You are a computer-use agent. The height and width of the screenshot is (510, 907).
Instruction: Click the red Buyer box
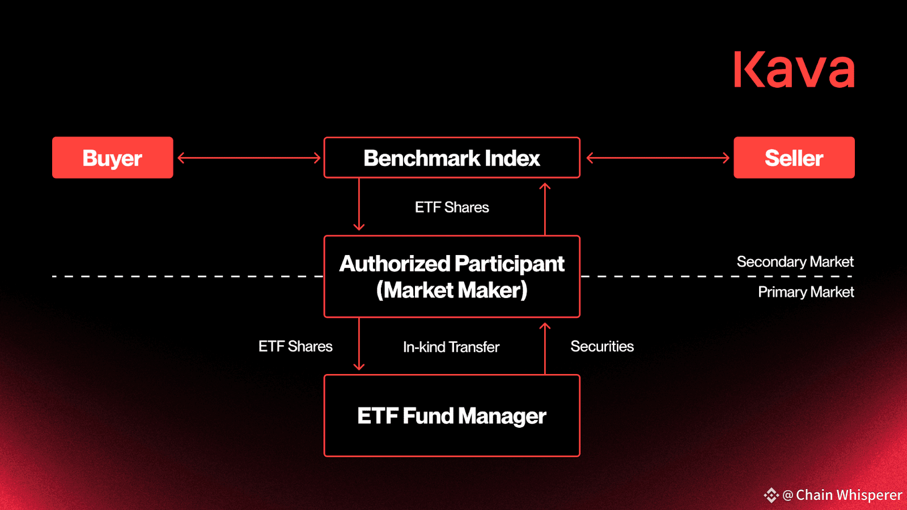pyautogui.click(x=113, y=158)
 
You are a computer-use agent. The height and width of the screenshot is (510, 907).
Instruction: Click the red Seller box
pyautogui.click(x=794, y=158)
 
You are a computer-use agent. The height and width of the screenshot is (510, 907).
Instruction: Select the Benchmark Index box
pyautogui.click(x=452, y=158)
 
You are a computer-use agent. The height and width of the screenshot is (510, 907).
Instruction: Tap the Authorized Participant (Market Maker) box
pyautogui.click(x=452, y=277)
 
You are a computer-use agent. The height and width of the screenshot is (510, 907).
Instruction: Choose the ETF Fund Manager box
pyautogui.click(x=452, y=416)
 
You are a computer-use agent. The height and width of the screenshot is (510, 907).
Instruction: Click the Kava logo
pyautogui.click(x=794, y=69)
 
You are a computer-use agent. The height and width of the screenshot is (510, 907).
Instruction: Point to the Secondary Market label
pyautogui.click(x=795, y=261)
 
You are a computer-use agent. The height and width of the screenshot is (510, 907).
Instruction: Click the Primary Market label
pyautogui.click(x=806, y=292)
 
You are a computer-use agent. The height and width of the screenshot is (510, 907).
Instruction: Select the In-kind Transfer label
pyautogui.click(x=451, y=347)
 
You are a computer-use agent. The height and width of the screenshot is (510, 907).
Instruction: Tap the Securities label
pyautogui.click(x=602, y=346)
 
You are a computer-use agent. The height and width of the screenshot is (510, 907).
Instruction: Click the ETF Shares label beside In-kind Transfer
pyautogui.click(x=295, y=346)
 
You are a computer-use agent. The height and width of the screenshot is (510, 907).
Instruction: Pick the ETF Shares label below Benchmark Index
pyautogui.click(x=452, y=207)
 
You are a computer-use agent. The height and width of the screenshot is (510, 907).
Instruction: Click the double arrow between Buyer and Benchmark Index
pyautogui.click(x=249, y=158)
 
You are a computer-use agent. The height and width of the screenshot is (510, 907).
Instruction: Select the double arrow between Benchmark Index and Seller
pyautogui.click(x=658, y=158)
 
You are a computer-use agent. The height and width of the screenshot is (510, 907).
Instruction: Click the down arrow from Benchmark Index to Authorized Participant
pyautogui.click(x=359, y=205)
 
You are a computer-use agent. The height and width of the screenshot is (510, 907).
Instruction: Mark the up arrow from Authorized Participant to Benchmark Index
pyautogui.click(x=545, y=209)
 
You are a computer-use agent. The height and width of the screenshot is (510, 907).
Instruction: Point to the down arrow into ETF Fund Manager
pyautogui.click(x=359, y=344)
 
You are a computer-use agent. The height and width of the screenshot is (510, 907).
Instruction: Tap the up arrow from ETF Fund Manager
pyautogui.click(x=545, y=348)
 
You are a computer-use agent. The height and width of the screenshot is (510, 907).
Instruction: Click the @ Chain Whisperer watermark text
pyautogui.click(x=842, y=495)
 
